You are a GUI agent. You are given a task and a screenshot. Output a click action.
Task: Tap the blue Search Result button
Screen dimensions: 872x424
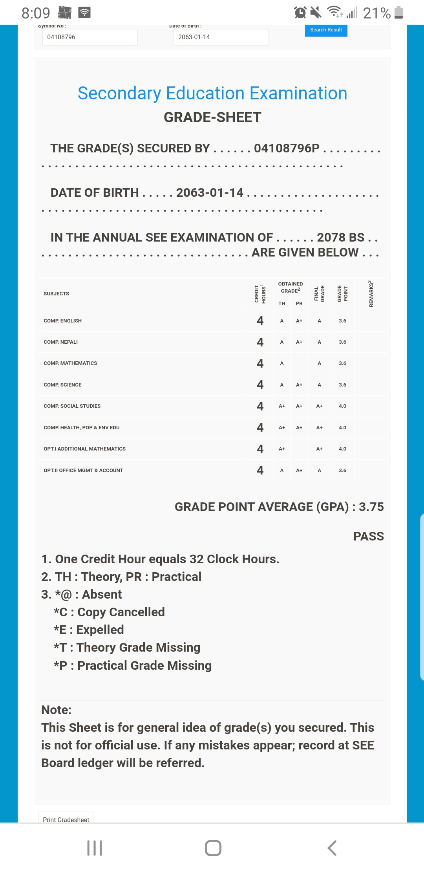(326, 30)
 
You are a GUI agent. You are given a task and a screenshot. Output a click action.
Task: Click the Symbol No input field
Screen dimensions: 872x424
(90, 37)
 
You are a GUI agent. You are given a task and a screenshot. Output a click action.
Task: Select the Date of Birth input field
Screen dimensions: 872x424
(221, 37)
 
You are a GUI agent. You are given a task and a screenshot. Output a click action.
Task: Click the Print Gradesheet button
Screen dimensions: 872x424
(66, 819)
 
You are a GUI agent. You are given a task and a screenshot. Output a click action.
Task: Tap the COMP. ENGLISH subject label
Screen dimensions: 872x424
(63, 321)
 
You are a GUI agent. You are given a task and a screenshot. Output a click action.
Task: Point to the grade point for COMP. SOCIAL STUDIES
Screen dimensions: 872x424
(342, 406)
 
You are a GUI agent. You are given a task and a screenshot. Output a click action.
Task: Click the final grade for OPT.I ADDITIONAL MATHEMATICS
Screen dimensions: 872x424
(319, 449)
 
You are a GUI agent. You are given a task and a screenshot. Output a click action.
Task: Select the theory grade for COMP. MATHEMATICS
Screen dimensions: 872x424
(281, 363)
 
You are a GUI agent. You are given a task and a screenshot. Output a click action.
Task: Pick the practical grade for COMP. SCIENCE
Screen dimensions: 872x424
(299, 385)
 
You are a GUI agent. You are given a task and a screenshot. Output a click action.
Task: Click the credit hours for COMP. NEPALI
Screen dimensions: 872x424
(260, 342)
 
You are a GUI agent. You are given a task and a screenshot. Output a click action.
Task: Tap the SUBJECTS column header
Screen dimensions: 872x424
(57, 294)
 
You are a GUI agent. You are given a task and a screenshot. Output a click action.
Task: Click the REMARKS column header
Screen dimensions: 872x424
(371, 294)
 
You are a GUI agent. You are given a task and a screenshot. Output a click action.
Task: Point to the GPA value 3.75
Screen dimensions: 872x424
(371, 507)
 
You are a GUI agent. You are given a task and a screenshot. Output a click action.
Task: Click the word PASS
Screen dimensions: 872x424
(368, 537)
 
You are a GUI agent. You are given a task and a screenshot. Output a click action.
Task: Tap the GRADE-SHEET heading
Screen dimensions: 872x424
(212, 117)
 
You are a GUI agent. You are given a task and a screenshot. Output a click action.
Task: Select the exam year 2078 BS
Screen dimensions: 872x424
(340, 238)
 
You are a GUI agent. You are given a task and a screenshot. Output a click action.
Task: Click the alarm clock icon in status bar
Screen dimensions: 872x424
(300, 13)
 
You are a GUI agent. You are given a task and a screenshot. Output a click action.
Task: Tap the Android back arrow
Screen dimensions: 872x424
(332, 848)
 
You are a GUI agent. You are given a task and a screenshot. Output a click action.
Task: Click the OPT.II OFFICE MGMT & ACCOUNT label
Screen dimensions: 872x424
(83, 471)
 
